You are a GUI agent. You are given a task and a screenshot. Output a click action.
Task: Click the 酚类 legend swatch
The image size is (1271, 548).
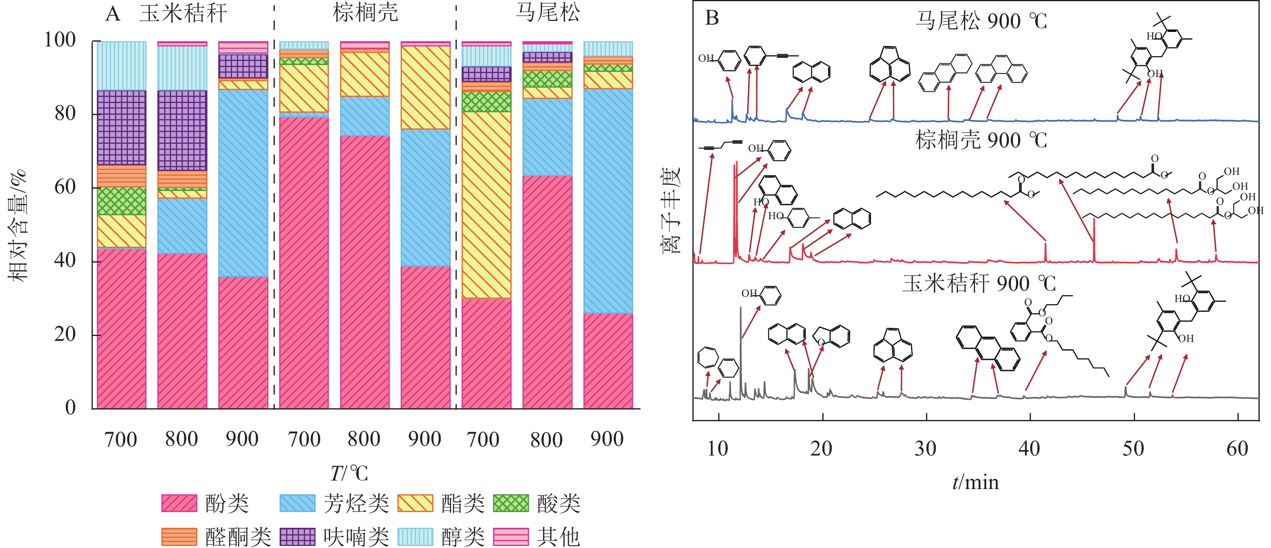179,503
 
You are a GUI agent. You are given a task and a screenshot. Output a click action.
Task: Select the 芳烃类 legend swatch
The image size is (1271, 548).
297,503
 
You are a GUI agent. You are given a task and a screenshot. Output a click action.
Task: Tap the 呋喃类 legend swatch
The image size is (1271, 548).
297,537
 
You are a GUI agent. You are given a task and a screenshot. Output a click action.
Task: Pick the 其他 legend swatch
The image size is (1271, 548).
511,537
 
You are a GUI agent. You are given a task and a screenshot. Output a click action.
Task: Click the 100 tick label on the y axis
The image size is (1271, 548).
60,40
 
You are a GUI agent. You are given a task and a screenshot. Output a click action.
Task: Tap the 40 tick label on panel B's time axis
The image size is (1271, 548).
1029,448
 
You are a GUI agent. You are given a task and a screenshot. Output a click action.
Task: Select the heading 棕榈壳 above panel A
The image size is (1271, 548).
365,13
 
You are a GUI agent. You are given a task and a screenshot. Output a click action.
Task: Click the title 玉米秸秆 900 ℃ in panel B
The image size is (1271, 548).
979,283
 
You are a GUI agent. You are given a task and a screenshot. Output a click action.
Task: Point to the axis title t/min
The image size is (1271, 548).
975,482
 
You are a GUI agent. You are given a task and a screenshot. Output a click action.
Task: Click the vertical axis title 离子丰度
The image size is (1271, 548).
670,210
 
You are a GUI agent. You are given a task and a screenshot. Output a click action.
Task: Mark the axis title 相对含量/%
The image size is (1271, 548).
18,225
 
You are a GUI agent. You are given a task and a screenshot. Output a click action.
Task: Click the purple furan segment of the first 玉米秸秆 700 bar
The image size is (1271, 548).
121,127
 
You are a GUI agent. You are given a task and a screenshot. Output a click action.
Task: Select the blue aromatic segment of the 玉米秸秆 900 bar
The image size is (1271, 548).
243,183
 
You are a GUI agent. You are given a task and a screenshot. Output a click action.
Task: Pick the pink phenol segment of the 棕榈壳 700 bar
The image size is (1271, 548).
304,262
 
